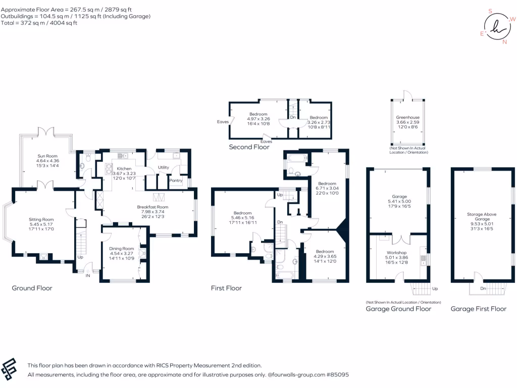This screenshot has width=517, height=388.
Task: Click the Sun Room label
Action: point(47,156)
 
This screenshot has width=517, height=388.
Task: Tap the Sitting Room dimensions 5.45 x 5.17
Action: point(41,224)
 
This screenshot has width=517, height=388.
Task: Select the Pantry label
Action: point(176,180)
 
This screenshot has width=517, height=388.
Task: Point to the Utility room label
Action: point(163,167)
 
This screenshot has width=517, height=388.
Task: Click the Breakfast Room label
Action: point(152,207)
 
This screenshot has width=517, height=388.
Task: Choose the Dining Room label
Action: point(122,249)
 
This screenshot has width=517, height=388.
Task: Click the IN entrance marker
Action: point(88,275)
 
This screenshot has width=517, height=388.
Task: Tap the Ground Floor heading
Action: point(32,288)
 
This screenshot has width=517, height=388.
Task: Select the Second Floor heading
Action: point(249,147)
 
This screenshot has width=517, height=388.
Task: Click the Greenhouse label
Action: point(408,117)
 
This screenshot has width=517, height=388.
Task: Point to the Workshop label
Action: point(397,253)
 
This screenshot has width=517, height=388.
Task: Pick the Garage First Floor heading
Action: point(479,309)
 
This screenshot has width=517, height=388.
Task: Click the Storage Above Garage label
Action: point(482,216)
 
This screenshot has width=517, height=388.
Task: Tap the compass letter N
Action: point(504,42)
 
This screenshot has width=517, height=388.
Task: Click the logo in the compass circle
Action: point(497,26)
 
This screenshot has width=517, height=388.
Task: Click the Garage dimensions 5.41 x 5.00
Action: point(399,201)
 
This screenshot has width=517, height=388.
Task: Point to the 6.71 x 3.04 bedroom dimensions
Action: point(327,188)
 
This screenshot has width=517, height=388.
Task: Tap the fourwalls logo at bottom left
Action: point(9,369)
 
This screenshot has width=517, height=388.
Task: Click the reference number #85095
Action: point(338,375)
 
